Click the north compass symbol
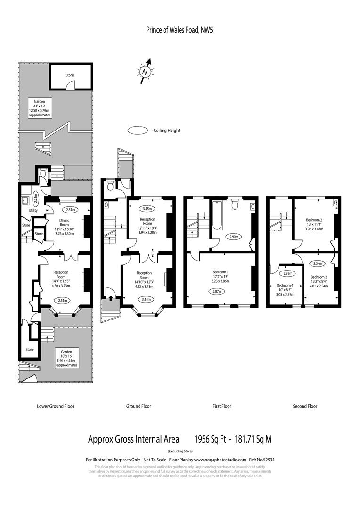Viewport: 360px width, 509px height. point(146,71)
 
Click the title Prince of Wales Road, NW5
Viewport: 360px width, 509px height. point(180,30)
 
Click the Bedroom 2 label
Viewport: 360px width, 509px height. point(314,220)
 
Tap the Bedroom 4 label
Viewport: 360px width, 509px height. point(285,286)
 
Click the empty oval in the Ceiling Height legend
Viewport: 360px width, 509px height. point(138,131)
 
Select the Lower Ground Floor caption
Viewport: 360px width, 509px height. point(55,406)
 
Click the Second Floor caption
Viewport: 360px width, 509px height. point(305,406)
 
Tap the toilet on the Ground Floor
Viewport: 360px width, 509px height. point(111,186)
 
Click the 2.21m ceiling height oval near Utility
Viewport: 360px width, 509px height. point(36,195)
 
